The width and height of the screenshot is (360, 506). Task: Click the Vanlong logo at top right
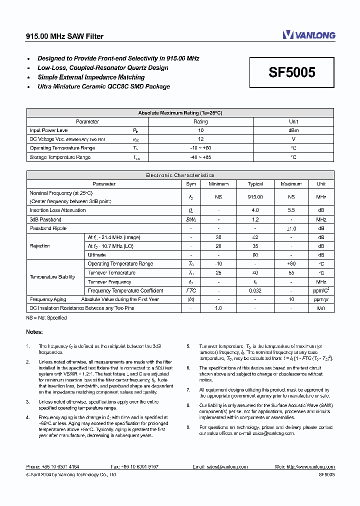(308, 34)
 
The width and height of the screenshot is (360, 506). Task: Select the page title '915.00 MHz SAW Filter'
(64, 36)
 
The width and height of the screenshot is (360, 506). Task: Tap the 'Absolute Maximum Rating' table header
(180, 113)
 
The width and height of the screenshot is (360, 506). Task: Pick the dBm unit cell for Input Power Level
(293, 130)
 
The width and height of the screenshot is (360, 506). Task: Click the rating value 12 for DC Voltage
(200, 139)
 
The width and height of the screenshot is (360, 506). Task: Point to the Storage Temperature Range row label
(60, 157)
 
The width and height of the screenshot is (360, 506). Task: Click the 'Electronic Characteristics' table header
(180, 175)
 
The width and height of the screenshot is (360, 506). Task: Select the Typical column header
(255, 184)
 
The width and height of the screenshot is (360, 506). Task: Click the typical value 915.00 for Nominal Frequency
(255, 197)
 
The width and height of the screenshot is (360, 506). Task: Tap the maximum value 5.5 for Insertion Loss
(291, 210)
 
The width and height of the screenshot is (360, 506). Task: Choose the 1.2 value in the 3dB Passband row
(255, 219)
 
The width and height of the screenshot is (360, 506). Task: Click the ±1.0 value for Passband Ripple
(291, 228)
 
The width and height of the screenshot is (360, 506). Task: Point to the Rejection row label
(40, 246)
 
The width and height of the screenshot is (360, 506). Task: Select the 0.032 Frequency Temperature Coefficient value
(255, 290)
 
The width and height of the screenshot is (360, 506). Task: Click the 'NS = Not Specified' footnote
(46, 317)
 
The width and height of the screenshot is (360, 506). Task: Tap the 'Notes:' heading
(34, 332)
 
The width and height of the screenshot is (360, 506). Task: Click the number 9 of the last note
(188, 427)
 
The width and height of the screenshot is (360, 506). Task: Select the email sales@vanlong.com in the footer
(228, 466)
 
